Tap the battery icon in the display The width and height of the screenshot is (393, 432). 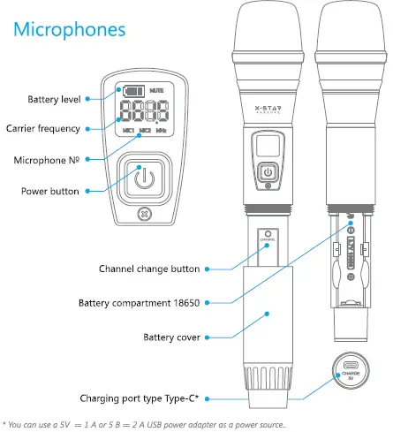coord(133,90)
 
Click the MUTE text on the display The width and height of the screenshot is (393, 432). coord(157,90)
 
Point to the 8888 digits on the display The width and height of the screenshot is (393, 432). coord(142,111)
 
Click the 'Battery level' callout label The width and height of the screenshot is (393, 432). coord(54,99)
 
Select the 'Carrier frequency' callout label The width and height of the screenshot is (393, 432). coord(43,129)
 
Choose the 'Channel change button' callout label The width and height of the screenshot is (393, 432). coord(148,268)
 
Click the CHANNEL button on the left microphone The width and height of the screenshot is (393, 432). coord(268,238)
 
